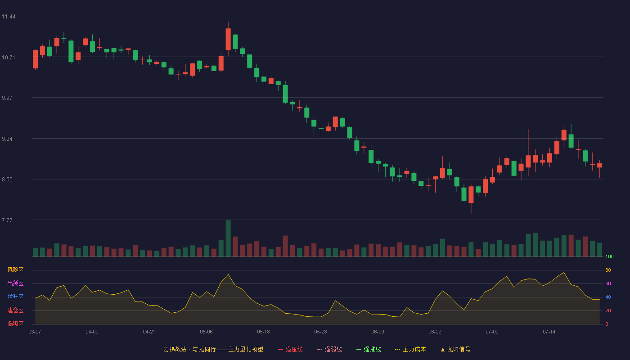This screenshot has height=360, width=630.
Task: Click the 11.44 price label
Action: coord(9,17)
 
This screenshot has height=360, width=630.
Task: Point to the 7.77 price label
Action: coord(7,220)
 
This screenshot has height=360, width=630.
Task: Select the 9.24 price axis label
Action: coord(7,139)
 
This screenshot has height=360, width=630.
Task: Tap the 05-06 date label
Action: coord(206,332)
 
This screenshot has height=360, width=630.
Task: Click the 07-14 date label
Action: coord(549,332)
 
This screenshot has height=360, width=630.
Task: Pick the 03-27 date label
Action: coord(35,332)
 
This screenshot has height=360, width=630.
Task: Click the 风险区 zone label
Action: coord(15,270)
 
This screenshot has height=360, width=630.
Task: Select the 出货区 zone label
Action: coord(15,283)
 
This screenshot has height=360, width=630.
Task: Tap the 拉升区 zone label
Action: coord(15,297)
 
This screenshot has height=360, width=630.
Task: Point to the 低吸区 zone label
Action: coord(15,324)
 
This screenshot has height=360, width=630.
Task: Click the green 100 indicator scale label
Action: coord(609,256)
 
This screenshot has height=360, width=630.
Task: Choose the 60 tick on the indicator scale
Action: coord(608,283)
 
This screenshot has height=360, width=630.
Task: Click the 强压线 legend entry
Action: coord(290,349)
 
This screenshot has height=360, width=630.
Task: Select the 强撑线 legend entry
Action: coord(369,349)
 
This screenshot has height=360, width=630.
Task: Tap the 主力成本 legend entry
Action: coord(410,349)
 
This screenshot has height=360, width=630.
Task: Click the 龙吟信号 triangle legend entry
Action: coord(455,349)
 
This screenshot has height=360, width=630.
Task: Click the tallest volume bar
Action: coord(228,238)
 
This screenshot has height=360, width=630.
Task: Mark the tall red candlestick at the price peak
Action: coord(228,39)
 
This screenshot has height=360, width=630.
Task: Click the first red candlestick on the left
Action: coord(35,59)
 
